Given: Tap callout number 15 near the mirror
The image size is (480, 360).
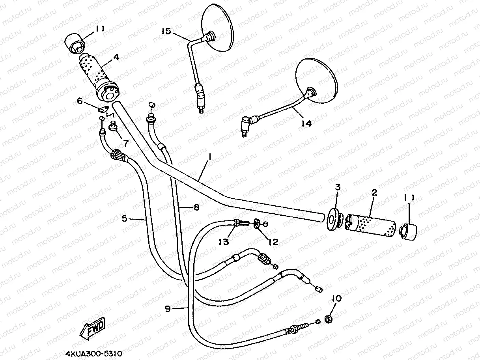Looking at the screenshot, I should (166, 31).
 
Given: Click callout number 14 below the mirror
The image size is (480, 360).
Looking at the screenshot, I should (306, 123).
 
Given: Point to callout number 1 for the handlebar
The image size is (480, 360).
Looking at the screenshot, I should (210, 157).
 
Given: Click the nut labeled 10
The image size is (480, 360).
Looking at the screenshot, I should (329, 318).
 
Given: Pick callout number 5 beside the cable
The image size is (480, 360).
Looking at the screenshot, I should (125, 218).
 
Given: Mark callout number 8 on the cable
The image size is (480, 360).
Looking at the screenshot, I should (196, 206).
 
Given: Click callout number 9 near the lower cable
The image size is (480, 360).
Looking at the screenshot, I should (168, 309).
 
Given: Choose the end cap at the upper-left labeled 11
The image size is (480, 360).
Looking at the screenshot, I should (76, 43).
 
